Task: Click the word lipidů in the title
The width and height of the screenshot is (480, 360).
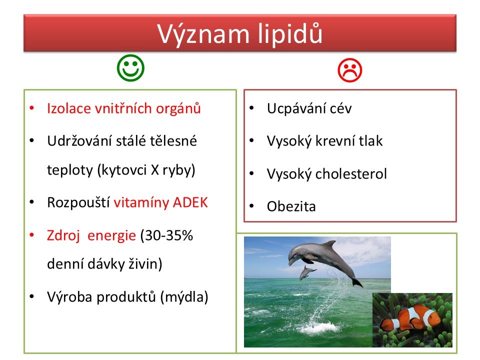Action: point(290,33)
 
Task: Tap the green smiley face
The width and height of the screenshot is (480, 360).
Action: point(130,68)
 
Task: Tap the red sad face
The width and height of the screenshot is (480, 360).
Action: point(350,70)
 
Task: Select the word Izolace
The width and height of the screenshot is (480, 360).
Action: point(69,108)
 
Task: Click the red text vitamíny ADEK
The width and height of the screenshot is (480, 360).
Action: point(160,202)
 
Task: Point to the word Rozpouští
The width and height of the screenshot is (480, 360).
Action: point(78,202)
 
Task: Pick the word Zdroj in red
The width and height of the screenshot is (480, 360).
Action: point(63,235)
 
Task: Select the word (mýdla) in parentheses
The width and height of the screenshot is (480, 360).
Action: point(184,297)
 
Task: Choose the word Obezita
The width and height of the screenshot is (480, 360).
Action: point(291,206)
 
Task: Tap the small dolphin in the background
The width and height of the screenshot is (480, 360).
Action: point(307,272)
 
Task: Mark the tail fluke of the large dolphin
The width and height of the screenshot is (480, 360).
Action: point(357,282)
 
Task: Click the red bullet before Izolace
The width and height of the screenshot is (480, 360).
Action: point(32,108)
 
